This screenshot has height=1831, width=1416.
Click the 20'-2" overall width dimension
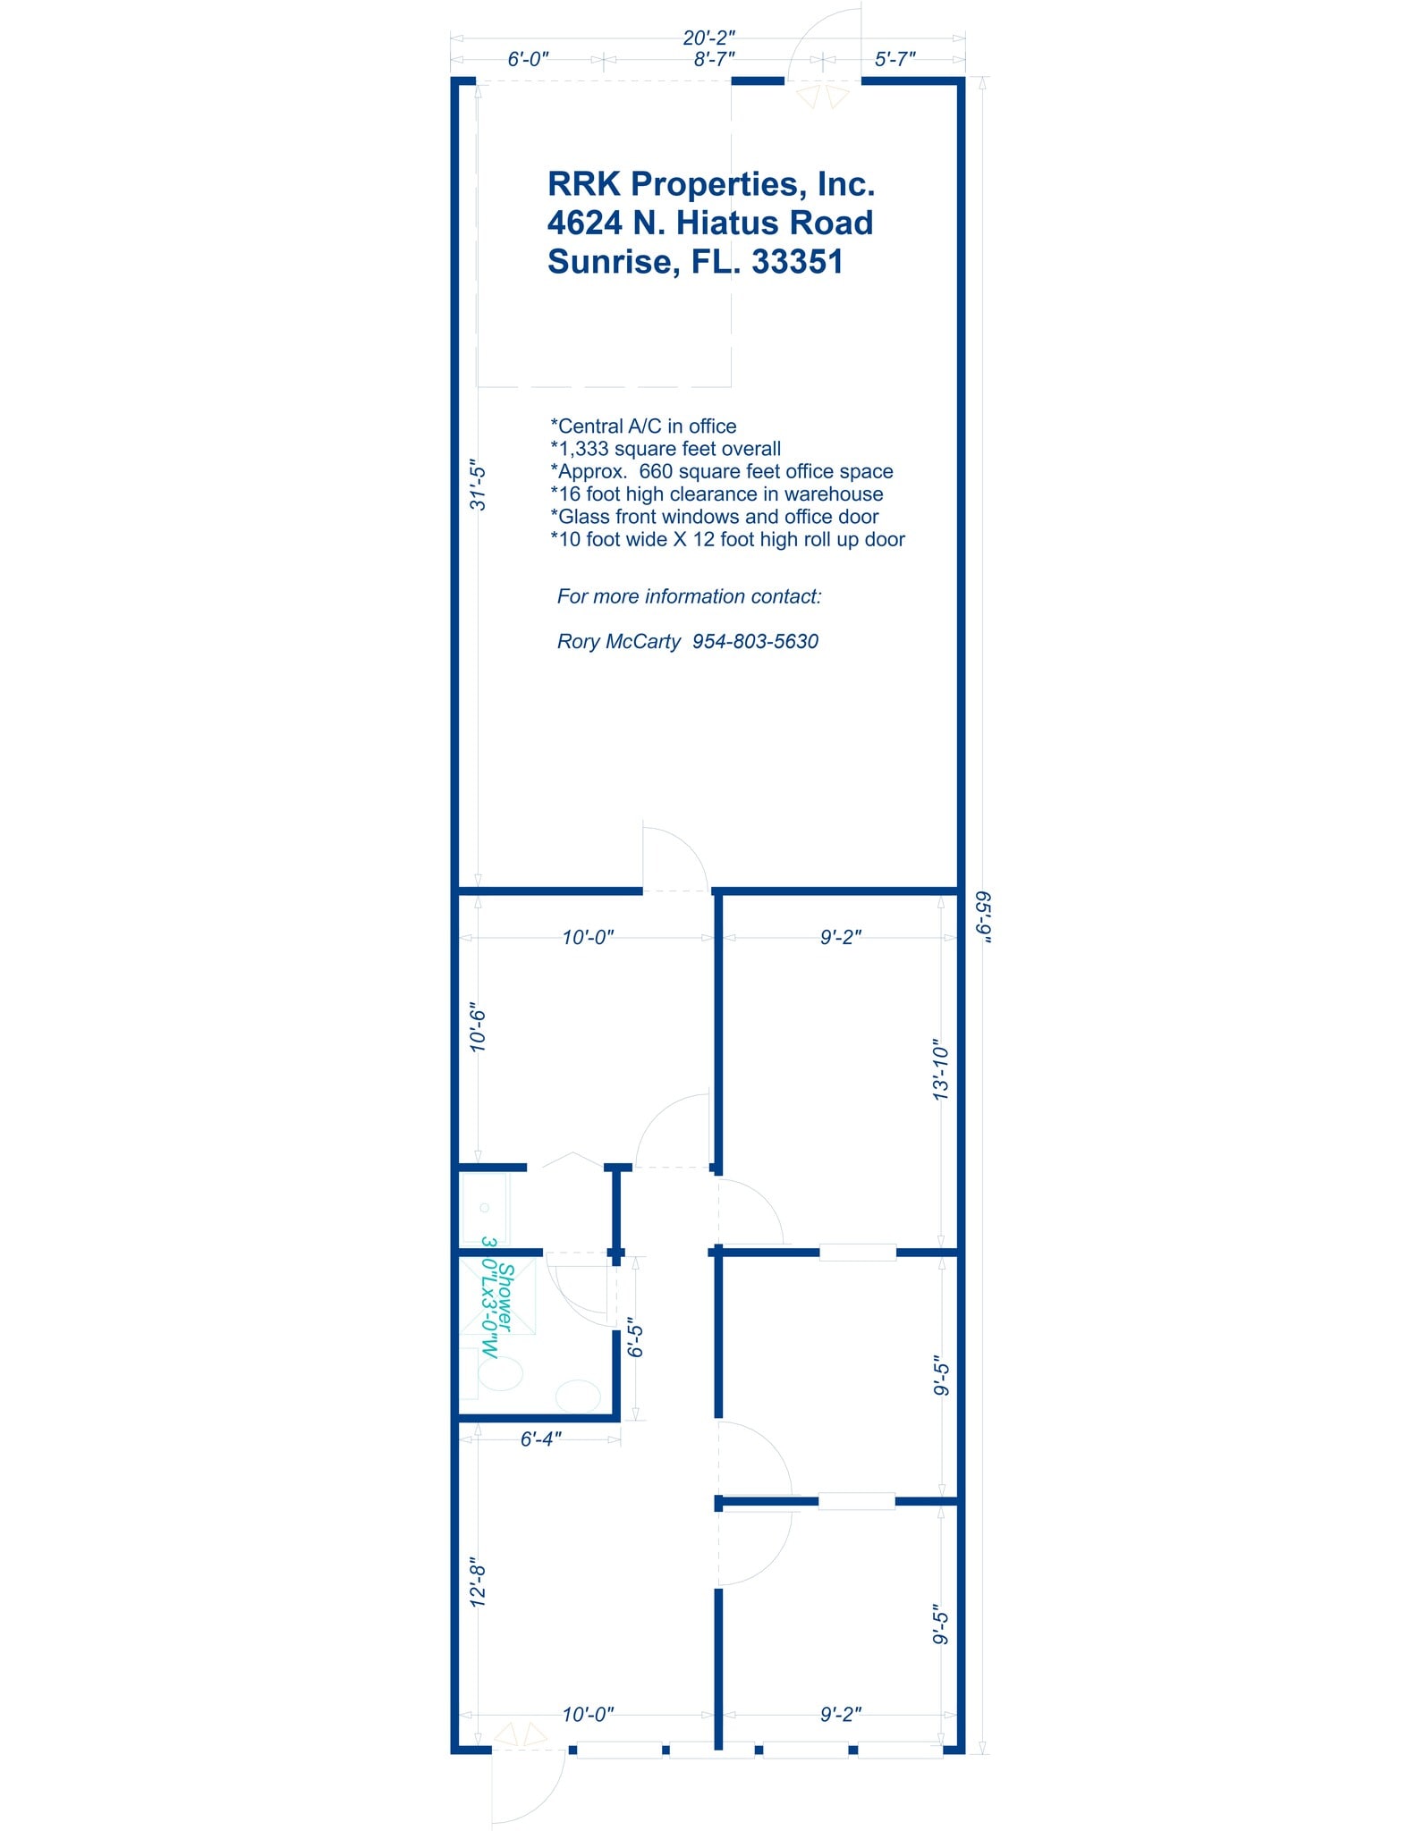coord(708,38)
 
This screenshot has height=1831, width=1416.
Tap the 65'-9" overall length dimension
coord(983,915)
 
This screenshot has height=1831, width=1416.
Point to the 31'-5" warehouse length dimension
coord(479,485)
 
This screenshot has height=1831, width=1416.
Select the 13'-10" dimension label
coord(940,1069)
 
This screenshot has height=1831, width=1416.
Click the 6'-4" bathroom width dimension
coord(540,1439)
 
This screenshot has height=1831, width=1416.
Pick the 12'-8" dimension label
coord(479,1584)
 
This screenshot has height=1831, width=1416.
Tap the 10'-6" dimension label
coord(479,1028)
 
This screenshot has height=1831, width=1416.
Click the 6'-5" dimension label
coord(635,1337)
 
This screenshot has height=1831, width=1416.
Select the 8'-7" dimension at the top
coord(714,59)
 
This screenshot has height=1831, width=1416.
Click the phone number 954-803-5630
coord(755,641)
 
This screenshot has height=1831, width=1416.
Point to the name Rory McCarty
coord(618,641)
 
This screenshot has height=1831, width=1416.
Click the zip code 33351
coord(797,261)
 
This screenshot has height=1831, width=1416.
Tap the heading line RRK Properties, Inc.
coord(711,184)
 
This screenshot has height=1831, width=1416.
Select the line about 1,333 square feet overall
coord(666,449)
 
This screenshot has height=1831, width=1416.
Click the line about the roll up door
coord(727,539)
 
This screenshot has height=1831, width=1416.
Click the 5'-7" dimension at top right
coord(895,59)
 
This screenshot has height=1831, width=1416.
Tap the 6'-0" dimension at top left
coord(528,59)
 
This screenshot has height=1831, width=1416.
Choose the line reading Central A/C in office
coord(643,426)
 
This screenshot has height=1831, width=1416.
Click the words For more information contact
coord(689,596)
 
